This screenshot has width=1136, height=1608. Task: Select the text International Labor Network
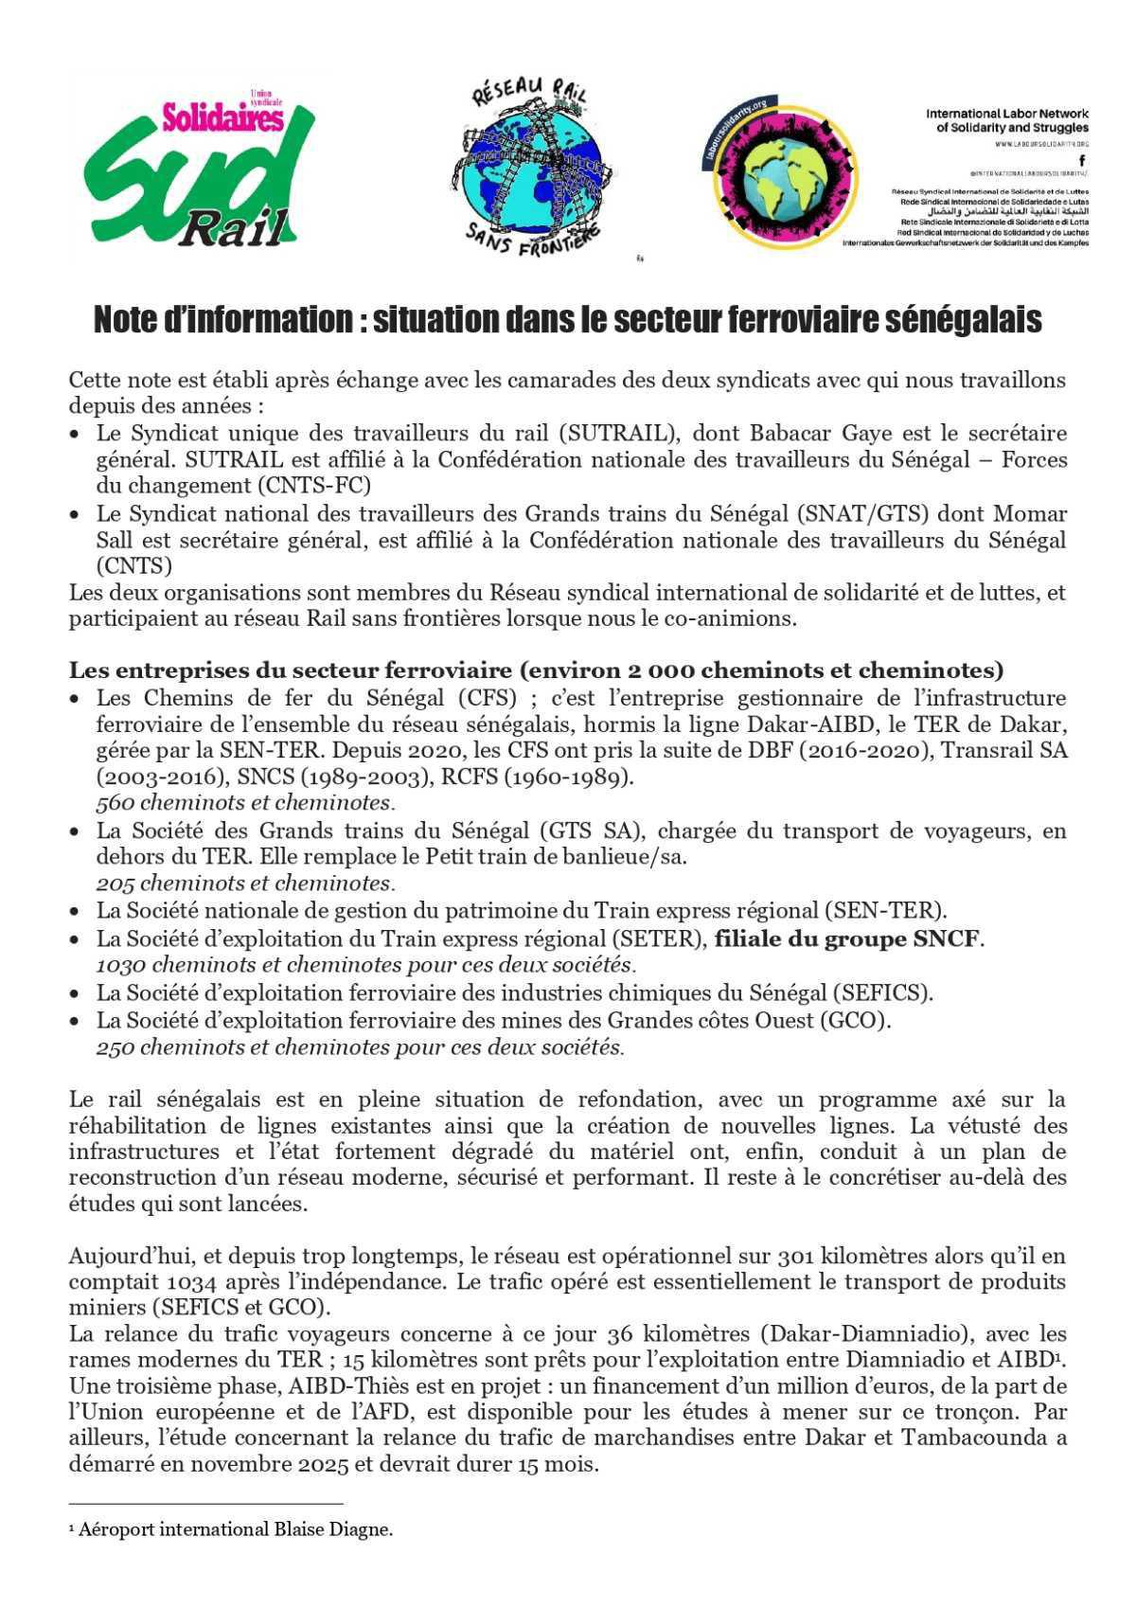tap(1007, 114)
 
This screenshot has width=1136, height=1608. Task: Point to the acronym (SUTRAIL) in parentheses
tap(619, 434)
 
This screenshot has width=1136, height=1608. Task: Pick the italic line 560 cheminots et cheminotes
tap(244, 803)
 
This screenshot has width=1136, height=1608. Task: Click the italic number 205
tap(116, 884)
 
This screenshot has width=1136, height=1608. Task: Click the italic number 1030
tap(121, 966)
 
